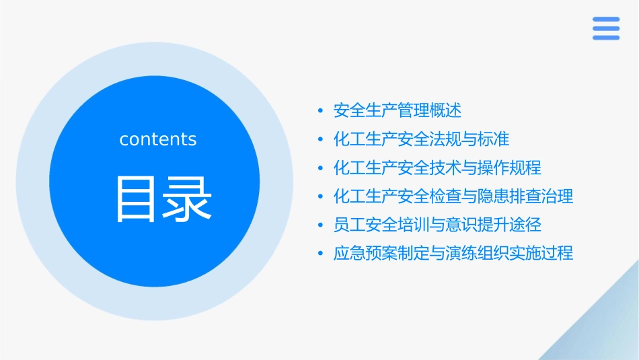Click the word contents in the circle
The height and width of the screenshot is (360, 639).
click(x=158, y=139)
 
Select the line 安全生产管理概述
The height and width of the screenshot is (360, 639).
click(x=398, y=110)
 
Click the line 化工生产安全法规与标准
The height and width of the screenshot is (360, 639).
click(x=422, y=139)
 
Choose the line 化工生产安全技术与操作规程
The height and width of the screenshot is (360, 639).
click(x=437, y=168)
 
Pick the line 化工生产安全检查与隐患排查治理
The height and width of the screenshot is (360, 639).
click(x=453, y=196)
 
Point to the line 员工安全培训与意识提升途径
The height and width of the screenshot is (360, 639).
click(x=437, y=225)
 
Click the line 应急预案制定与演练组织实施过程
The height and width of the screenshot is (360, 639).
click(x=453, y=254)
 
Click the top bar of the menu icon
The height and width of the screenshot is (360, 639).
click(x=605, y=20)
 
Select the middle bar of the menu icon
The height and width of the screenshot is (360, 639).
click(x=605, y=28)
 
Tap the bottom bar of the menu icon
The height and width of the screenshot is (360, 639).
click(x=605, y=37)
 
